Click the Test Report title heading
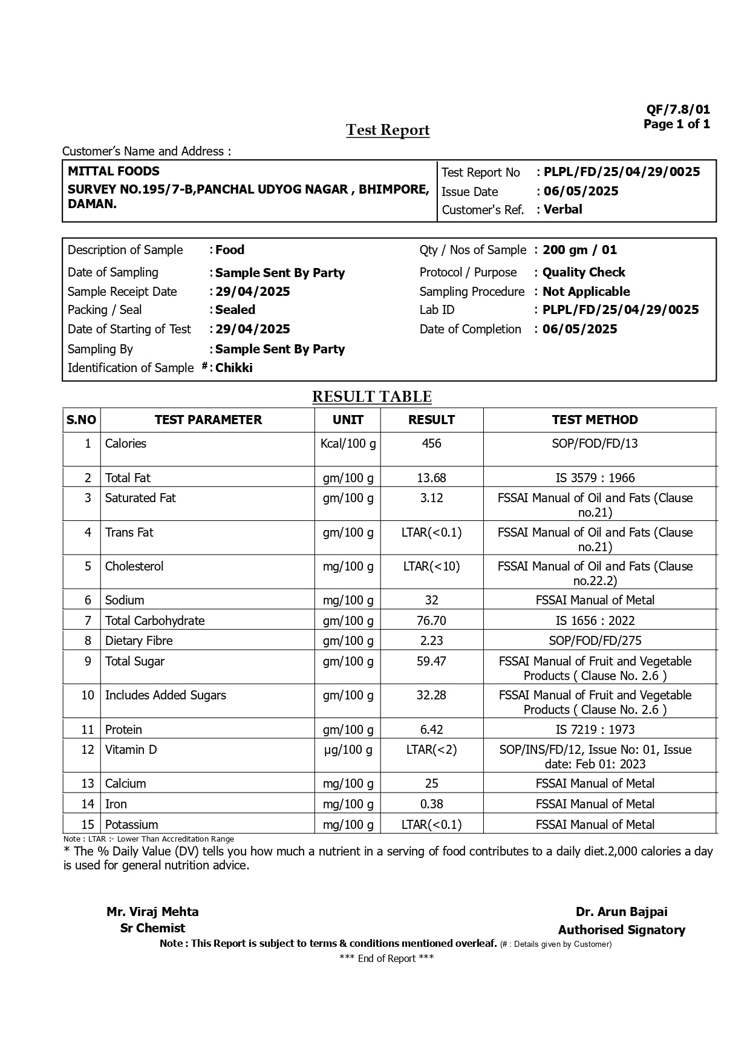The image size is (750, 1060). click(x=388, y=130)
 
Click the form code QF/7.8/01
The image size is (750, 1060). click(x=678, y=110)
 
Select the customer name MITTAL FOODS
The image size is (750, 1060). click(x=114, y=171)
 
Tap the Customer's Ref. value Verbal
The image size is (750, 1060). click(x=562, y=209)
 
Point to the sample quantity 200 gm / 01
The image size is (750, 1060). click(x=579, y=250)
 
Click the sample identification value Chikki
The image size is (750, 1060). click(x=234, y=368)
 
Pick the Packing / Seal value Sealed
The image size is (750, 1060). click(x=235, y=310)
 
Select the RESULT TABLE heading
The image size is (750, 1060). click(x=372, y=397)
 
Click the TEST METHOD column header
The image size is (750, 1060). click(x=595, y=420)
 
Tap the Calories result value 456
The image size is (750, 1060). click(x=431, y=443)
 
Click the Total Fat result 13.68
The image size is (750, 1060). click(x=431, y=478)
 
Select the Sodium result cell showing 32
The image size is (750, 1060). click(x=431, y=600)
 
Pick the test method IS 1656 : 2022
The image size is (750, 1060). click(x=595, y=621)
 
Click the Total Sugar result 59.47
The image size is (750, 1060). click(x=431, y=661)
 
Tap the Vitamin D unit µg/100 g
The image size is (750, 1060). click(x=348, y=750)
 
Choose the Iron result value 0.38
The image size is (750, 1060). click(x=431, y=804)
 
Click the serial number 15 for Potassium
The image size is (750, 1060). click(x=88, y=825)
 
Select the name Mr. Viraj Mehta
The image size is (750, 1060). click(x=152, y=912)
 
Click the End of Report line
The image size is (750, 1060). click(x=386, y=958)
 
